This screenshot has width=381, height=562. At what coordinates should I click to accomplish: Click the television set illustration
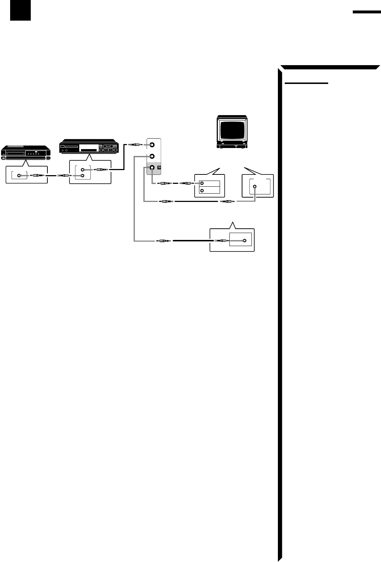click(x=232, y=132)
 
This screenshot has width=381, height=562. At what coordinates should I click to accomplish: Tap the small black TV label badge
click(x=159, y=168)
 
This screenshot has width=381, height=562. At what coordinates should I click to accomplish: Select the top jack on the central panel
click(x=152, y=145)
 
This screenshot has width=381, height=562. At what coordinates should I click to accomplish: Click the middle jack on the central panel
click(x=152, y=156)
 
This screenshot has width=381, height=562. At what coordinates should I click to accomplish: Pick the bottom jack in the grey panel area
click(x=152, y=168)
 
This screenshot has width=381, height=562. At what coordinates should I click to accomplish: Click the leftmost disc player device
click(x=26, y=152)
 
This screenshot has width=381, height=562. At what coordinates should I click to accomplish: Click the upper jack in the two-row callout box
click(x=202, y=183)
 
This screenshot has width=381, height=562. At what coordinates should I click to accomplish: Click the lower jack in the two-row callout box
click(x=202, y=191)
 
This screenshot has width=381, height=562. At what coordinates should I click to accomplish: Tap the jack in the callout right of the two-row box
click(x=255, y=187)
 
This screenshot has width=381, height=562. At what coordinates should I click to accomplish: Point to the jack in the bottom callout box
click(x=245, y=241)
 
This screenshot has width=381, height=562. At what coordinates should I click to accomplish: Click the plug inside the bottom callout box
click(x=221, y=241)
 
